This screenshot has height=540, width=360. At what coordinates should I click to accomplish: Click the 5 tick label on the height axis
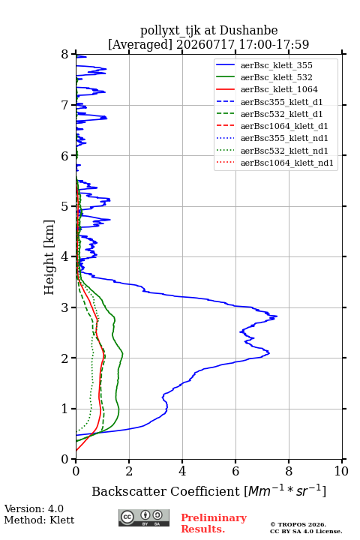(65, 206)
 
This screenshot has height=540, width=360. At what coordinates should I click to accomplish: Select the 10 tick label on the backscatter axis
(341, 471)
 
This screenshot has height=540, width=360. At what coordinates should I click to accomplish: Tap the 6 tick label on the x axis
(235, 471)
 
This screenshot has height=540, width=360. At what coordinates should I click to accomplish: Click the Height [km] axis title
(49, 257)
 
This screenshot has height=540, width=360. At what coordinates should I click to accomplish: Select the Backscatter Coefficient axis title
(208, 490)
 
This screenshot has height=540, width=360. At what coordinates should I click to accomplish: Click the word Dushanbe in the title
(248, 31)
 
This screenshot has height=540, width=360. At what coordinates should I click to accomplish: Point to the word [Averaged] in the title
(140, 44)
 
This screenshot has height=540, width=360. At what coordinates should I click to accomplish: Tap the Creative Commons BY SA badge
(144, 517)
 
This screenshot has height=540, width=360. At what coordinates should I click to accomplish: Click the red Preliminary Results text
(214, 523)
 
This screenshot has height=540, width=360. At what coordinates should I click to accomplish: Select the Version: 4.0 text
(34, 508)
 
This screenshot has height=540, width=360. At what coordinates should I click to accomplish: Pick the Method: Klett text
(39, 520)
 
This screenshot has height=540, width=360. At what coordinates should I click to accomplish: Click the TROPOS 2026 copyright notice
(298, 524)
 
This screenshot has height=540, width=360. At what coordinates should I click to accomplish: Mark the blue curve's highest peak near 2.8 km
(277, 316)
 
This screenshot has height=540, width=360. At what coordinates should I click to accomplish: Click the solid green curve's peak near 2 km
(122, 354)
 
